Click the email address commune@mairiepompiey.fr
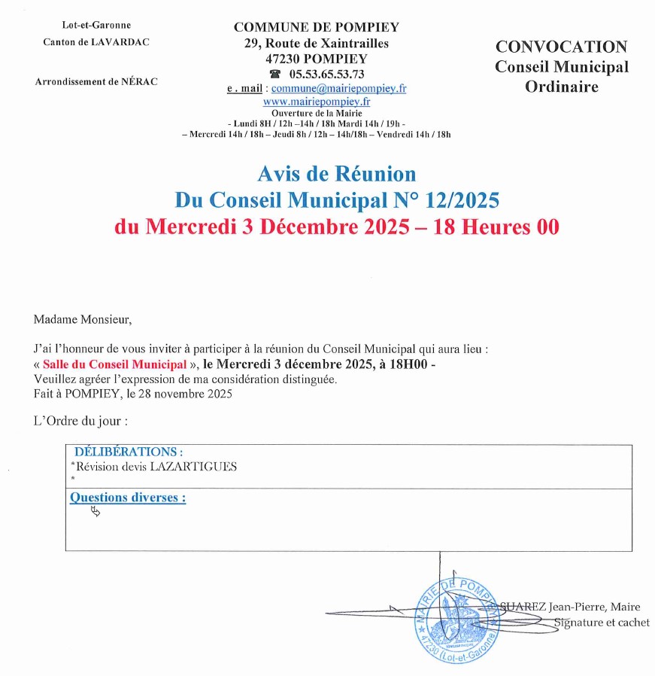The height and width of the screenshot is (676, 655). pos(338,88)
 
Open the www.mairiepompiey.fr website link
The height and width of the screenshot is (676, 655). pos(316,101)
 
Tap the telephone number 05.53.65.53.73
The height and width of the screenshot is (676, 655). pos(326,74)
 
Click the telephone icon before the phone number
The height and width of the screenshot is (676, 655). pos(275,74)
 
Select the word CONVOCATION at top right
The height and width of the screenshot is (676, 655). pos(561,47)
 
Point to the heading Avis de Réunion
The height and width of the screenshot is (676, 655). pos(336,174)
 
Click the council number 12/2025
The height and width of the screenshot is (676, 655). pos(462,200)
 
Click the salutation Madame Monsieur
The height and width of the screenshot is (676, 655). pos(83,319)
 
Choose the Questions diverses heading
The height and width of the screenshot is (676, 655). pos(128,498)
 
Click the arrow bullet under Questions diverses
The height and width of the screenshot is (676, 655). pos(95,512)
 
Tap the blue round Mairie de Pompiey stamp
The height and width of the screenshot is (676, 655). pos(457,617)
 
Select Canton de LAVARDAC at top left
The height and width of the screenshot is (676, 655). pos(96,41)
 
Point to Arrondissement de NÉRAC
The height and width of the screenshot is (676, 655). pos(96,81)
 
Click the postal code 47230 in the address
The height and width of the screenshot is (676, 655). pos(284,59)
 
